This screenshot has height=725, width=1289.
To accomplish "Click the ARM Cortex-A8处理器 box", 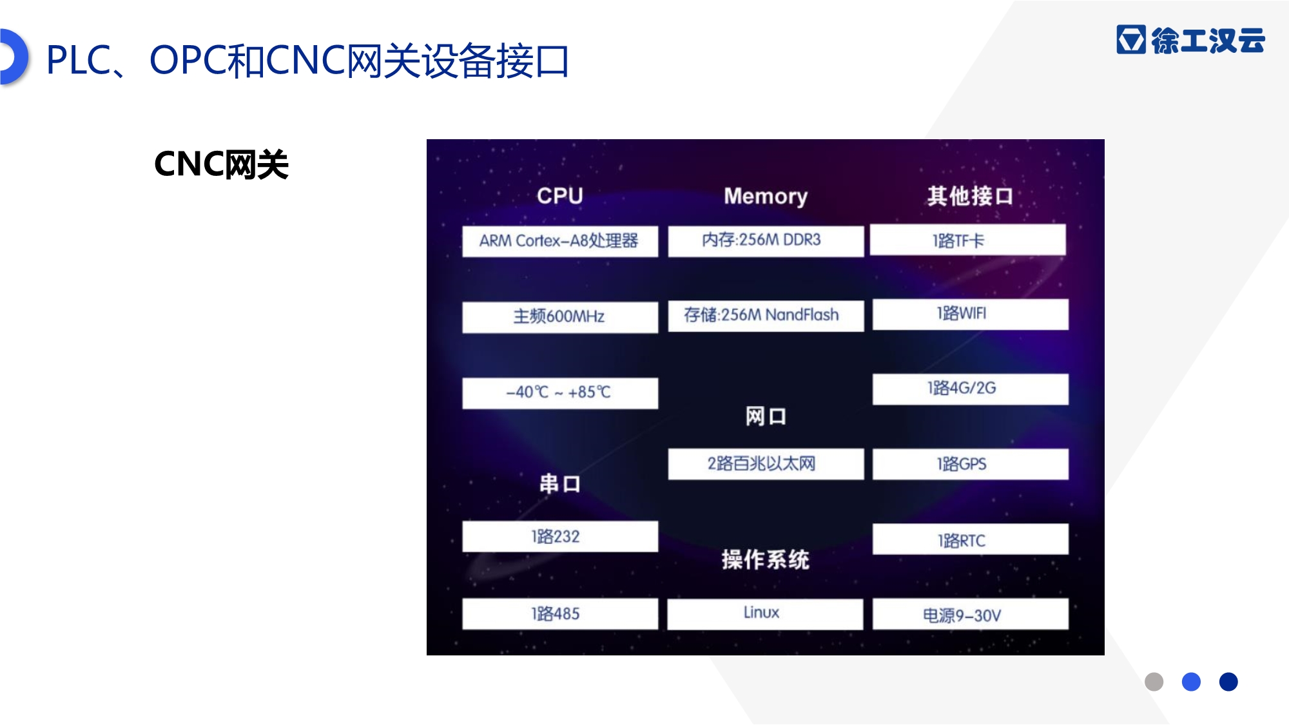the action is [x=560, y=241].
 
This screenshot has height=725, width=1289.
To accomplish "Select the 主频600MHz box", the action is [x=560, y=317].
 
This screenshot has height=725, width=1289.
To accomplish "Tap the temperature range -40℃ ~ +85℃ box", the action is [x=560, y=393].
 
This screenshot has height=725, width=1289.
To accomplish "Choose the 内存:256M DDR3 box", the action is [x=766, y=241].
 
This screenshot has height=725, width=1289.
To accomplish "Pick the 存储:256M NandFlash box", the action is [x=766, y=316].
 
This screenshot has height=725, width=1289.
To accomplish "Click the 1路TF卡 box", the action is [x=967, y=240].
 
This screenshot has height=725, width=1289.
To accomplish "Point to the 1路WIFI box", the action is [x=970, y=314].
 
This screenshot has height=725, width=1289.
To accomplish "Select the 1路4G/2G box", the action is [x=970, y=389].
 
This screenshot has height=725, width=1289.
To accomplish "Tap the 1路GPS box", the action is [x=970, y=464].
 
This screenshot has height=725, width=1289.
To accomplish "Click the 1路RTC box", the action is [x=970, y=539].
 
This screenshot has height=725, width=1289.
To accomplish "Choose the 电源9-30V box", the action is [x=970, y=614].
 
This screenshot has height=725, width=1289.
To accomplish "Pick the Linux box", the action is [x=765, y=614].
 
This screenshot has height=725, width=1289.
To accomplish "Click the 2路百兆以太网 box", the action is [x=766, y=464].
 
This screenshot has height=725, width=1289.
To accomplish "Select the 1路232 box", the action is [x=560, y=536].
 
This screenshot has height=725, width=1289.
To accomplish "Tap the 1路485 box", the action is [x=560, y=614].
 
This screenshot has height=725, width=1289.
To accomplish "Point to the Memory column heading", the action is [x=766, y=196].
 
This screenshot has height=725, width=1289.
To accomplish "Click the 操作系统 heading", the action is [x=765, y=559].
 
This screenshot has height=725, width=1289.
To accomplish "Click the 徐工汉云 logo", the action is [x=1190, y=40].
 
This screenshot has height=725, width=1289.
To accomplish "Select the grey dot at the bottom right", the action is [x=1154, y=682].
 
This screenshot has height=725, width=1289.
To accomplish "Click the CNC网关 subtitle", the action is [x=221, y=164].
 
